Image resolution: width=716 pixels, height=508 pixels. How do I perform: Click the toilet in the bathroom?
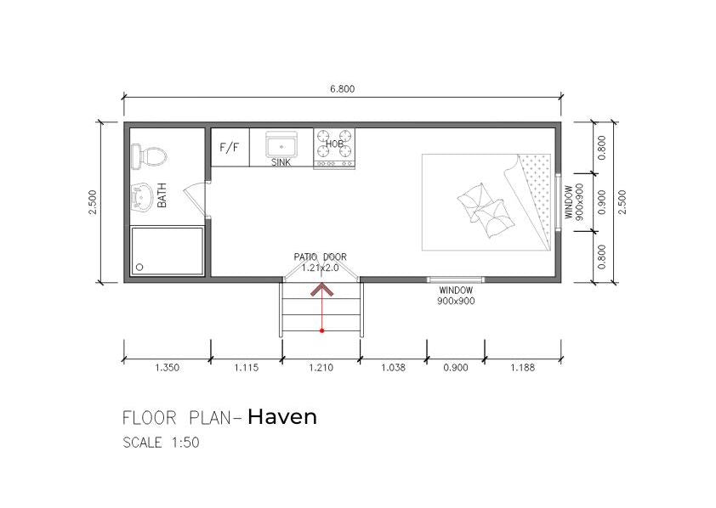click(150, 155)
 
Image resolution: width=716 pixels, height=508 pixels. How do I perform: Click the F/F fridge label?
click(230, 148)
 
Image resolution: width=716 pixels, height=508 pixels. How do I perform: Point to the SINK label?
click(281, 161)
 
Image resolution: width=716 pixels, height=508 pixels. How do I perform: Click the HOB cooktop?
click(334, 144)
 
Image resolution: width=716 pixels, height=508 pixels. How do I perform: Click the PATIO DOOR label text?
click(321, 257)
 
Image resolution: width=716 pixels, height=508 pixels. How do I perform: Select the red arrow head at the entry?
click(321, 290)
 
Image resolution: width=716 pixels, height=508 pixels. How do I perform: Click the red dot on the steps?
click(321, 330)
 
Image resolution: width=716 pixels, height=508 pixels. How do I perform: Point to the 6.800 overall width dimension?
click(342, 88)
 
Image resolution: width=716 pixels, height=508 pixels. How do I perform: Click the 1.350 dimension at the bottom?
click(167, 369)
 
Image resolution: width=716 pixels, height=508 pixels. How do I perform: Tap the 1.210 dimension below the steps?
click(321, 369)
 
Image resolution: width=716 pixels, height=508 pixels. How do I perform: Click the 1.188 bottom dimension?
click(522, 369)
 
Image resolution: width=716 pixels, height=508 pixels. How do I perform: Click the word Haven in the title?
click(282, 416)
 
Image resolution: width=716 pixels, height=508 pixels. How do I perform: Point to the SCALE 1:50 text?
click(162, 443)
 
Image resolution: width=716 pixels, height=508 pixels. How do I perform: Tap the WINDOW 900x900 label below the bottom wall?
click(456, 295)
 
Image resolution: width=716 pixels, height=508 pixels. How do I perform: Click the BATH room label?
click(162, 197)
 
